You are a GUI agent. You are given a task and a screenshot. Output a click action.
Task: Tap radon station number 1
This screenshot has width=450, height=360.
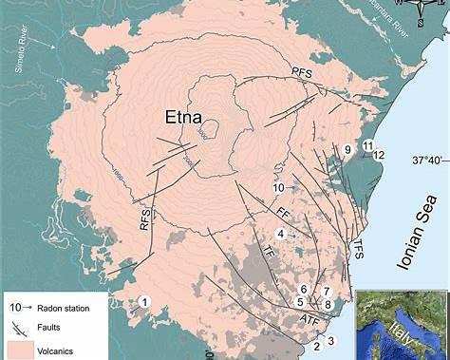pos(143,301)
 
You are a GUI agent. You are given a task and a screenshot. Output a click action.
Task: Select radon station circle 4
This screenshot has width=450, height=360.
pos(281,233)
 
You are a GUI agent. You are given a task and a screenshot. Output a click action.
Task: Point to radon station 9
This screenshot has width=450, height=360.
pos(348,150)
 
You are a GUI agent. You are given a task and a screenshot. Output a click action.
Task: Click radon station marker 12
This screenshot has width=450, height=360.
pos(379,154)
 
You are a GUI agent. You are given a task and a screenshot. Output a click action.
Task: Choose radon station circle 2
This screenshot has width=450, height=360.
pos(316,347)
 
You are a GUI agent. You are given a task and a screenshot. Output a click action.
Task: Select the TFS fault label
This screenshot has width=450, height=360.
pos(359,249)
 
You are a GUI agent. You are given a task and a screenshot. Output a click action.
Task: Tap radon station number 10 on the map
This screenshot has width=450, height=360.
pos(279,189)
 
